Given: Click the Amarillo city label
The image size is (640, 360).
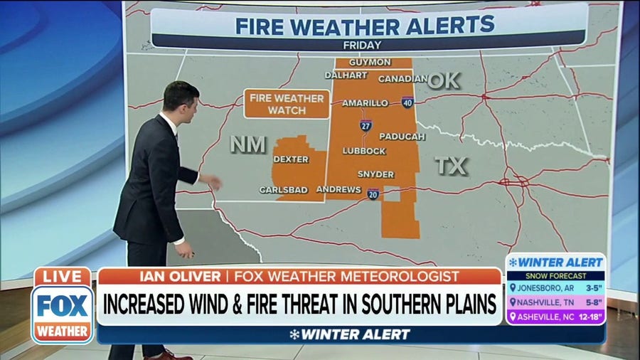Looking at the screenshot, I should [x=366, y=103].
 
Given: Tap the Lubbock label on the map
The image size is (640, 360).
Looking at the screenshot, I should [x=364, y=151].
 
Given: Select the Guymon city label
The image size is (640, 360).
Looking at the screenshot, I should [x=370, y=63].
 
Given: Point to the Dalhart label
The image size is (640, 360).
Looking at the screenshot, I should [x=346, y=75].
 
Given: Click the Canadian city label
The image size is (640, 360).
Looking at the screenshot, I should [x=402, y=79].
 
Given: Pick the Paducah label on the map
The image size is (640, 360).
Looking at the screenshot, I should [x=402, y=136].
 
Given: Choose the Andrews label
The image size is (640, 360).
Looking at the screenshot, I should [x=339, y=189].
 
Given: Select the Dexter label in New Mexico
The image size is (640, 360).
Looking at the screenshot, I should [x=291, y=159].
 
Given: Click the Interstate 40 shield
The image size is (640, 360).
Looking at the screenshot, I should [x=407, y=102].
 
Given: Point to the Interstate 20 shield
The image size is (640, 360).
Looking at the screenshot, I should [x=373, y=194].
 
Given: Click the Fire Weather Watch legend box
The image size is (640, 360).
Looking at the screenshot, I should [x=287, y=104].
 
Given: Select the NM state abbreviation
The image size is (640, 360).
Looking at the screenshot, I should [x=248, y=145].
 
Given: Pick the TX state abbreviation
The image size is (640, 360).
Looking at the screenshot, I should [x=451, y=166].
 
